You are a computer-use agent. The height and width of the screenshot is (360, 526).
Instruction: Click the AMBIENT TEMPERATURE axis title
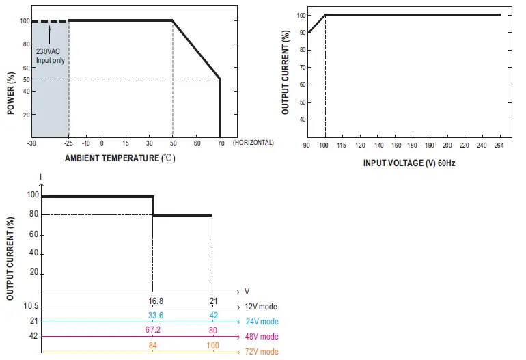coord(120,158)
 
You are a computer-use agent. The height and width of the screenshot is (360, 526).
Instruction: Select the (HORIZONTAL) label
coord(253,143)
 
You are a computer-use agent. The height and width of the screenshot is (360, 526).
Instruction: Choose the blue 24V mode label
coord(262,322)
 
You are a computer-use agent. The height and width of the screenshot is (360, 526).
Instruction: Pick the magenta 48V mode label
coord(262,337)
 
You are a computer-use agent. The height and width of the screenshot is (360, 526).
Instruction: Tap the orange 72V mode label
coord(262,352)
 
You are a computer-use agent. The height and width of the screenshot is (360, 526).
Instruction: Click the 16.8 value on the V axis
coord(155,301)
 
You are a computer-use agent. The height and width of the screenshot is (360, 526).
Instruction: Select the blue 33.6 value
coord(155,315)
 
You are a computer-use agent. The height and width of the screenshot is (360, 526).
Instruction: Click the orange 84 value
coord(152,345)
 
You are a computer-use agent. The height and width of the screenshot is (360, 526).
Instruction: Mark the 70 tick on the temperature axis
coord(220,143)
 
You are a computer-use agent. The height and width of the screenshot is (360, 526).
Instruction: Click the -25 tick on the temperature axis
coord(69,143)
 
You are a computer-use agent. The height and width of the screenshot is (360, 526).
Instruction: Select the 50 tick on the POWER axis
coord(25,79)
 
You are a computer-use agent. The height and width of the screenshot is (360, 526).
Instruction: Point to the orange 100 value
coord(212,345)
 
